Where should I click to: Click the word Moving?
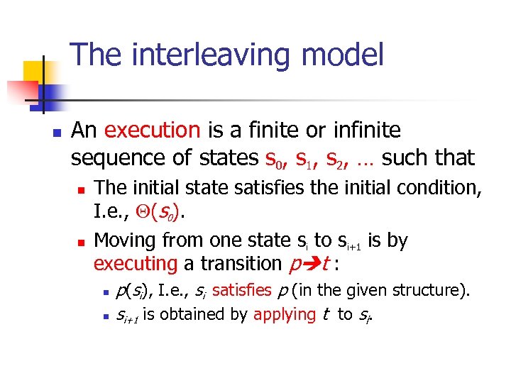tap(122, 240)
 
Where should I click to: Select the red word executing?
tap(135, 264)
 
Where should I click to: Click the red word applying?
tap(284, 314)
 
